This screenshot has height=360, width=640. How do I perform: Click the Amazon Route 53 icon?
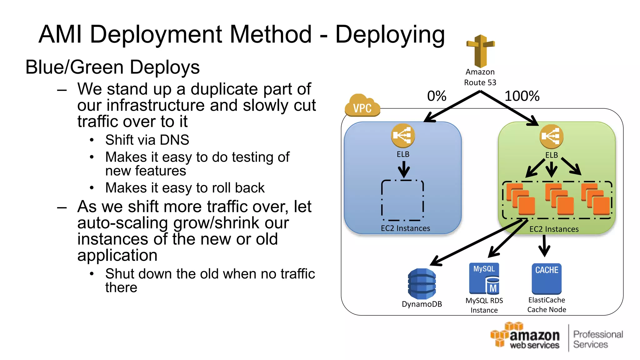point(480,51)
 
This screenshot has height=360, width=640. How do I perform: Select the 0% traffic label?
point(437,96)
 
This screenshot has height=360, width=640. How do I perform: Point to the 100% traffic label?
point(522,96)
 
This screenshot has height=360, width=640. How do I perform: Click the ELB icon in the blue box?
point(403,136)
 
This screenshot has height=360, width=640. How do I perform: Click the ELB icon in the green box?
point(551,137)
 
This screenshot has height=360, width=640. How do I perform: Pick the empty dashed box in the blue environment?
point(402,200)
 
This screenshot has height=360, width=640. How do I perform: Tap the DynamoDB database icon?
point(422,283)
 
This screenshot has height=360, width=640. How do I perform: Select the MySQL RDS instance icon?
point(484,278)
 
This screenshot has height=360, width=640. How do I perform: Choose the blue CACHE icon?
point(547,278)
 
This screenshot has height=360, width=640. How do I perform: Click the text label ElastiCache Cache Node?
point(547,305)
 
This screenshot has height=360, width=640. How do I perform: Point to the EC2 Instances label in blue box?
point(405,228)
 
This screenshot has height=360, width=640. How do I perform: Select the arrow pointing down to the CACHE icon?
point(544,247)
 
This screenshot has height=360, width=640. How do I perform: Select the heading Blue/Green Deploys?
point(112,67)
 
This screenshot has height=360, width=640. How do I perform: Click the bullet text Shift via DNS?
point(147,140)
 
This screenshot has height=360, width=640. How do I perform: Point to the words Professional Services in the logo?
point(597,339)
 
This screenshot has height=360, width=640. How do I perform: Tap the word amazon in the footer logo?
point(534,336)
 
